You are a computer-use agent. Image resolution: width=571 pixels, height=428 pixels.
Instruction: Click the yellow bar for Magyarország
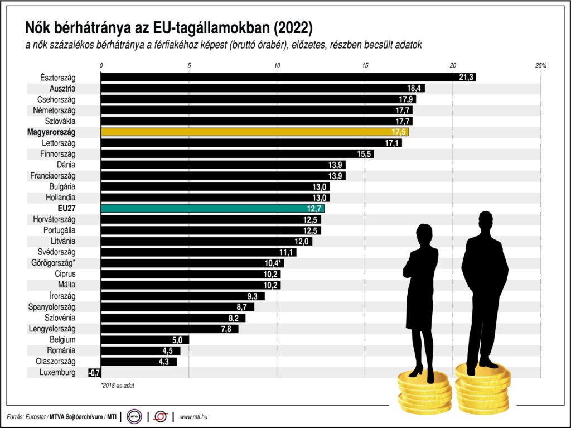click(x=254, y=132)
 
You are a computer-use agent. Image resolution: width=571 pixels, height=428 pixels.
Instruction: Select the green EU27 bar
click(x=212, y=209)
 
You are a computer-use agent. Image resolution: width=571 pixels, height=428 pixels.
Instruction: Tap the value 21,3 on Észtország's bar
click(x=466, y=78)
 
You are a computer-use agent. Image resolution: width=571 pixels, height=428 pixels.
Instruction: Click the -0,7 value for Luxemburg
click(x=94, y=372)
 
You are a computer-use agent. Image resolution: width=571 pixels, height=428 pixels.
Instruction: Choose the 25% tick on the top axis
click(x=540, y=66)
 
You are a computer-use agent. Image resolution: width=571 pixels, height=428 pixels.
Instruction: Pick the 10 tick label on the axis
click(x=277, y=66)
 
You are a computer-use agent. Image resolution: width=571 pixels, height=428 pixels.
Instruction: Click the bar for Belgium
click(x=145, y=340)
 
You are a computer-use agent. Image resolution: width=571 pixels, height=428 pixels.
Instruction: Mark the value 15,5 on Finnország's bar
click(x=365, y=154)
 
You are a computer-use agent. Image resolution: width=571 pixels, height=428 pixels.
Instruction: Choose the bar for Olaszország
click(x=139, y=362)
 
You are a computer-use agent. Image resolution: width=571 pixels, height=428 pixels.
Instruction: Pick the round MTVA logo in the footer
click(x=134, y=416)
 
